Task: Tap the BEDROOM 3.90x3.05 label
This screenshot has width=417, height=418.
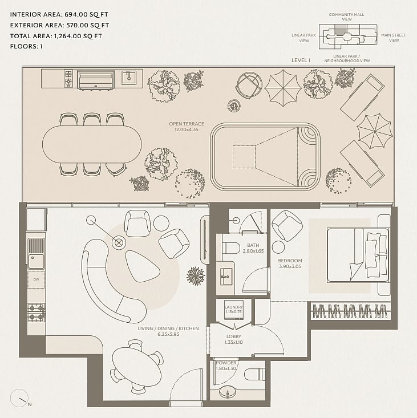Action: (290, 263)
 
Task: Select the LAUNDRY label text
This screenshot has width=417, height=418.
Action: (233, 307)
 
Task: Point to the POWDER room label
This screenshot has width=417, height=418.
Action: (226, 363)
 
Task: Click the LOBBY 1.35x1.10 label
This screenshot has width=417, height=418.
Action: (233, 339)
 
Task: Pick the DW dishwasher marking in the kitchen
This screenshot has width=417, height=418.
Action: (36, 279)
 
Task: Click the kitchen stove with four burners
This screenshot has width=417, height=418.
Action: (37, 313)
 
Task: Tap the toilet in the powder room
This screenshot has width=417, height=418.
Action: (254, 375)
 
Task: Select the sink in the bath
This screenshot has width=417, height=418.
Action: (225, 277)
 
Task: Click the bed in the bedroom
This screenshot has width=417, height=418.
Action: (358, 254)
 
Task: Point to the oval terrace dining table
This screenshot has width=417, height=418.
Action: (92, 144)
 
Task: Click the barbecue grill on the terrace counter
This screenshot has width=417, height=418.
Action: (96, 80)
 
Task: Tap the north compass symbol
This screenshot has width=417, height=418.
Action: (19, 398)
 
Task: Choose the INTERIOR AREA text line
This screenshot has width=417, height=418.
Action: (59, 14)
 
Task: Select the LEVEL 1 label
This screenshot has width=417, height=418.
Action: (301, 60)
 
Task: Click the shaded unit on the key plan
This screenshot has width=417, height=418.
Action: (341, 30)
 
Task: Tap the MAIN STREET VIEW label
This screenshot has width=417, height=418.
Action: (394, 38)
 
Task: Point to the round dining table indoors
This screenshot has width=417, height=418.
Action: (137, 367)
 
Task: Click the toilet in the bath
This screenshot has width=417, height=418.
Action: (231, 247)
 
